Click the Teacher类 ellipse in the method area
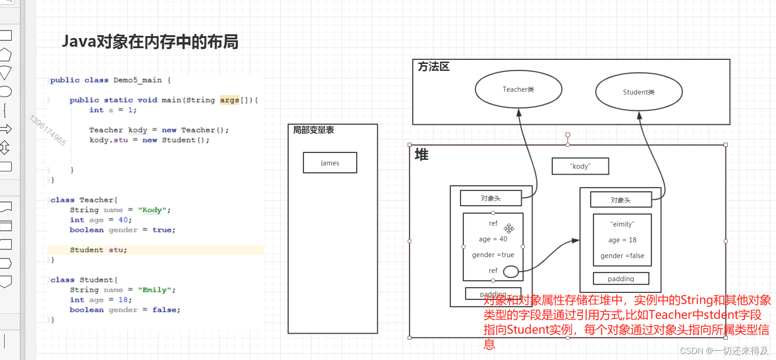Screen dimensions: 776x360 pos(518,89)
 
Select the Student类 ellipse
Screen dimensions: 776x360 pos(638,92)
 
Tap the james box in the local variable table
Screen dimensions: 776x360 pos(330,163)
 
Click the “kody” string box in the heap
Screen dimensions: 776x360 pos(580,166)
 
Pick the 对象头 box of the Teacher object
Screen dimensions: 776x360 pos(491,198)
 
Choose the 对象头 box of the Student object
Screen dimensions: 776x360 pos(621,200)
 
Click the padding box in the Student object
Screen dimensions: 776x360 pos(621,279)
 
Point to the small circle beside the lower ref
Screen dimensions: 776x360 pos(511,272)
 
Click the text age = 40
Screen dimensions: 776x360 pos(493,239)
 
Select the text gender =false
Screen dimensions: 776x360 pos(622,256)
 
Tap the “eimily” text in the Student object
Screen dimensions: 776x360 pos(622,224)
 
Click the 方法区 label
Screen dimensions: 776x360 pos(434,67)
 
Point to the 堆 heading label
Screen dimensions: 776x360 pos(422,155)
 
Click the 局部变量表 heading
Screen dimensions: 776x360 pos(313,130)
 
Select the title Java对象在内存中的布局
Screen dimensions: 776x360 pos(150,42)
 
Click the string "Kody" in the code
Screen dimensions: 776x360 pos(151,210)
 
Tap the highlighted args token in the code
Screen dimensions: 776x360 pos(229,100)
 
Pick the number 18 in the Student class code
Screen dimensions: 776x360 pos(123,300)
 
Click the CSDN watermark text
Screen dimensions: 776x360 pos(724,351)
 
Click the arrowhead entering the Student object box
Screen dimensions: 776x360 pos(576,240)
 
